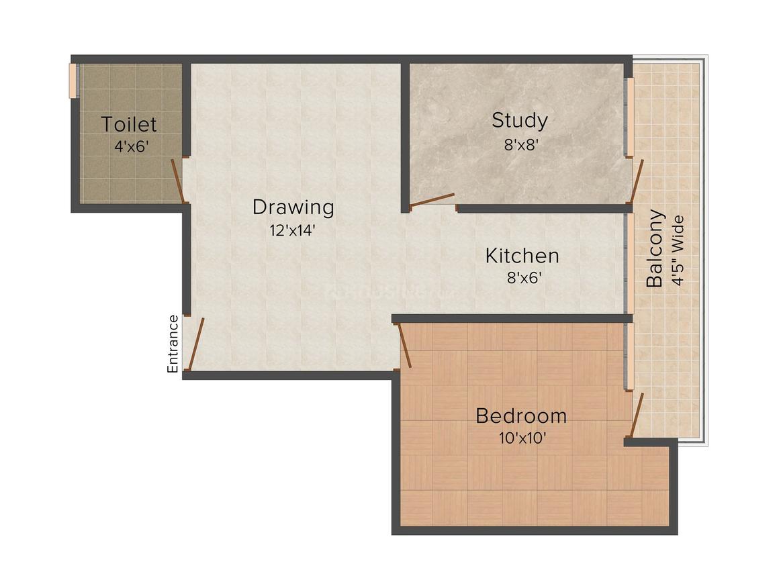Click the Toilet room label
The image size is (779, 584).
(x=129, y=124)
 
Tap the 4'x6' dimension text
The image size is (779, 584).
(x=130, y=146)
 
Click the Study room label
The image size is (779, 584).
(x=519, y=121)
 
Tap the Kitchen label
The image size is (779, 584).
(x=522, y=256)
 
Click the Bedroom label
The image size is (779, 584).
(x=520, y=416)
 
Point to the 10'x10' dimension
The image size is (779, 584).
(x=522, y=438)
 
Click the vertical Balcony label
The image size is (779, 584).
(x=655, y=249)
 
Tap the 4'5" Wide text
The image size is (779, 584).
(x=678, y=250)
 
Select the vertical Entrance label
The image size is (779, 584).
(x=173, y=344)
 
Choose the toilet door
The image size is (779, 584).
(x=177, y=180)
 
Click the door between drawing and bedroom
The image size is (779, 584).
(x=404, y=345)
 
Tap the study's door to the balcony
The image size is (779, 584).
(x=636, y=181)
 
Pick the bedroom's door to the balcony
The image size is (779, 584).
(x=637, y=415)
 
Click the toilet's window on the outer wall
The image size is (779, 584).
(x=73, y=81)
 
